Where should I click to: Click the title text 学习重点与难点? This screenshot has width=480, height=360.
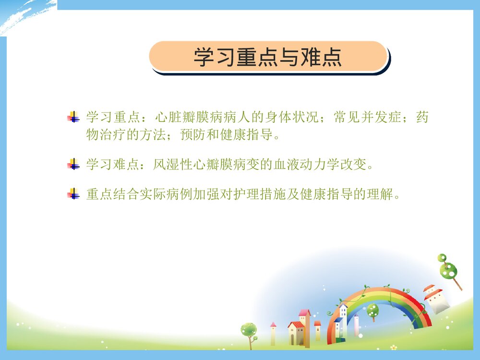[267, 57]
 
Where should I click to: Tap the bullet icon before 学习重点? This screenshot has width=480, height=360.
[73, 117]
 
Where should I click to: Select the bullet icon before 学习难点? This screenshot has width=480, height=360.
[73, 165]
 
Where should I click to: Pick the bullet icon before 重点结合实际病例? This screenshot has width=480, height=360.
[73, 194]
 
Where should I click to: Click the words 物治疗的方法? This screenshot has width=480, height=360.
[126, 135]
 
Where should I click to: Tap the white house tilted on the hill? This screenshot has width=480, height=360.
[435, 300]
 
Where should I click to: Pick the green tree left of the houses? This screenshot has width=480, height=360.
[249, 331]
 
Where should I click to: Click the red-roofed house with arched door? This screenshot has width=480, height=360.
[296, 332]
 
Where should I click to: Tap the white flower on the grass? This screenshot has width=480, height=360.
[394, 347]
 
